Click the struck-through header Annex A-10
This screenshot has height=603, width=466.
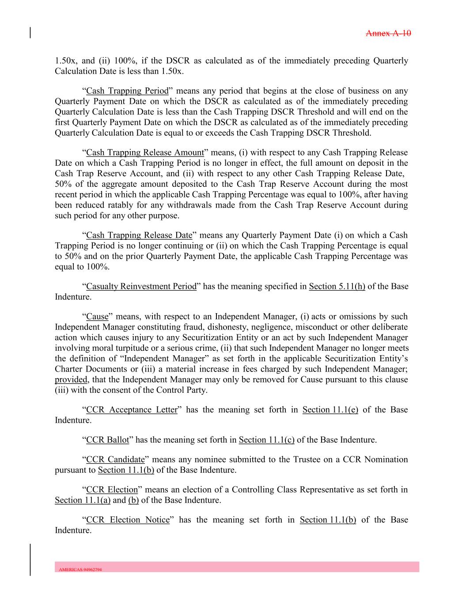[x=389, y=33]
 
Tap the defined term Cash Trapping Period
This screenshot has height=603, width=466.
[x=127, y=91]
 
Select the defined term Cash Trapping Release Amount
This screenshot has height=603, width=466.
[x=145, y=153]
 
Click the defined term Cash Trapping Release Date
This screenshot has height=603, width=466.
[x=139, y=235]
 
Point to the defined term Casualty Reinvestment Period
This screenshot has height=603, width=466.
[x=141, y=286]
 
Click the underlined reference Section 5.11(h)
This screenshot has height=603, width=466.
[x=337, y=286]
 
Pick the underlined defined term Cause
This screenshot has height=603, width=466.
[x=97, y=317]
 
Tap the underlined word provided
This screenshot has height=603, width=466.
[x=71, y=380]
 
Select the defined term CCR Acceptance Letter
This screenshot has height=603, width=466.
[x=132, y=410]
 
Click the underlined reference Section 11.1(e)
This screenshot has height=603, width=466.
[x=330, y=410]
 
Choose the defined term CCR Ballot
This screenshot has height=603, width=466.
[x=108, y=440]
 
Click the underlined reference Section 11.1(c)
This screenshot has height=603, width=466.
[x=267, y=440]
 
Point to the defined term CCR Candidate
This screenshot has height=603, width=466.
[x=115, y=459]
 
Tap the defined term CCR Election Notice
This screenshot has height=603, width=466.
[x=128, y=520]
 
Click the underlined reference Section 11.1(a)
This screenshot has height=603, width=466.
[x=83, y=501]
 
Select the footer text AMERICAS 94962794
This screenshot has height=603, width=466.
[x=80, y=569]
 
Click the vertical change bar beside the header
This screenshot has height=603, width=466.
[x=30, y=33]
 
